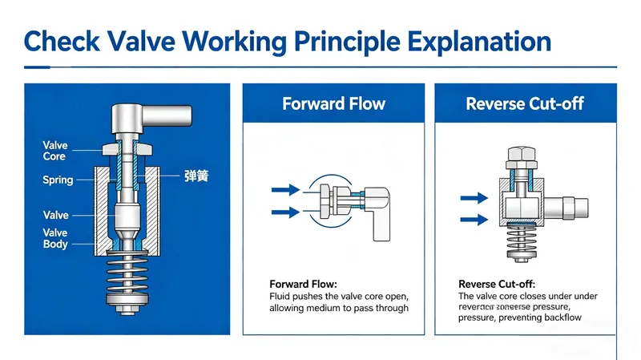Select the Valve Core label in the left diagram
pos(54,152)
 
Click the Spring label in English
pos(58,180)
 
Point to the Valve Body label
pos(54,238)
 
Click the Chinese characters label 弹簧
pos(196,176)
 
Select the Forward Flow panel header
pos(333,103)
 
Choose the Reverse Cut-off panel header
pos(524,103)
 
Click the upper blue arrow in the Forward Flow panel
pos(285,190)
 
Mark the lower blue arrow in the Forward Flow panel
pos(285,212)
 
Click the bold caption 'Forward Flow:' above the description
pos(304,285)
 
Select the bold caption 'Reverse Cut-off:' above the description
pos(497,285)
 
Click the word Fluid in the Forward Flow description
pos(281,297)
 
